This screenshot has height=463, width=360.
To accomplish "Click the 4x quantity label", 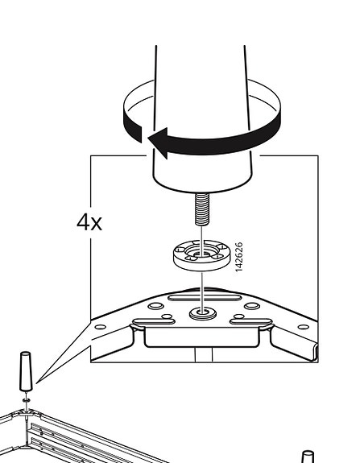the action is pyautogui.click(x=89, y=222).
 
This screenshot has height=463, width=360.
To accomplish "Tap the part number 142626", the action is pyautogui.click(x=239, y=257).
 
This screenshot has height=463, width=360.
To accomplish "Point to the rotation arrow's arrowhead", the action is pyautogui.click(x=158, y=143).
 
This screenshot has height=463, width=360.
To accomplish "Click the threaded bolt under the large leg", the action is pyautogui.click(x=202, y=209).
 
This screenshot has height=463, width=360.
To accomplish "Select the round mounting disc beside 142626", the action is pyautogui.click(x=201, y=255).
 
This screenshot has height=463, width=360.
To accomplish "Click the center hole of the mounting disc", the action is pyautogui.click(x=202, y=254).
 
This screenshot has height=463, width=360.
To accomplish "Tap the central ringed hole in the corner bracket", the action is pyautogui.click(x=203, y=313).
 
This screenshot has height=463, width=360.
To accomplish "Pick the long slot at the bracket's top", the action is pyautogui.click(x=205, y=297).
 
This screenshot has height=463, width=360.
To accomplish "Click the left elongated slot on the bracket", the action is pyautogui.click(x=154, y=321).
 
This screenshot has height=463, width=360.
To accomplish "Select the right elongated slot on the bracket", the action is pyautogui.click(x=251, y=321).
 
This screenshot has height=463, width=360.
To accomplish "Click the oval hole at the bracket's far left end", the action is pyautogui.click(x=101, y=327).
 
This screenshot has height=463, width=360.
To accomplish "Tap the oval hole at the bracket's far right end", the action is pyautogui.click(x=304, y=327).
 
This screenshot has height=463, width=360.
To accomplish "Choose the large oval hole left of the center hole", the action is pyautogui.click(x=155, y=306).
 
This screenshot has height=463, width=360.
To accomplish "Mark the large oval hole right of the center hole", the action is pyautogui.click(x=252, y=306).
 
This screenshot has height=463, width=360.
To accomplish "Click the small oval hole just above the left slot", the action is pyautogui.click(x=168, y=316).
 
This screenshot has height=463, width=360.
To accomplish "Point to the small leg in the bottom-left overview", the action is pyautogui.click(x=26, y=371).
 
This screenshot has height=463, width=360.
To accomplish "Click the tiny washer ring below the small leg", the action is pyautogui.click(x=27, y=400).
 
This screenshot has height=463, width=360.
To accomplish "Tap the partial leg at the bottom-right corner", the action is pyautogui.click(x=308, y=457).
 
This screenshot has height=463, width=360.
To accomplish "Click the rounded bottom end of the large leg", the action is pyautogui.click(x=203, y=183).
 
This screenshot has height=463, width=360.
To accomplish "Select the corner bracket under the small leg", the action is pyautogui.click(x=26, y=413).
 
